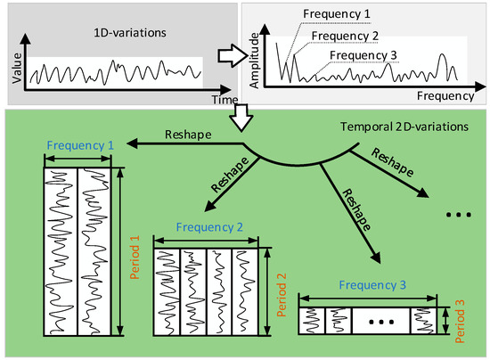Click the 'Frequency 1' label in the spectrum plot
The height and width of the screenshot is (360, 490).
[337, 15]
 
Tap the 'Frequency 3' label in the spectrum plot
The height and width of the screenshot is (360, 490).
[363, 55]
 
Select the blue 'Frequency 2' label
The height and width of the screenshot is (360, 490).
[207, 226]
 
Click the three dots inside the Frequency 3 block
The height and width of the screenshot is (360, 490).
[381, 316]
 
